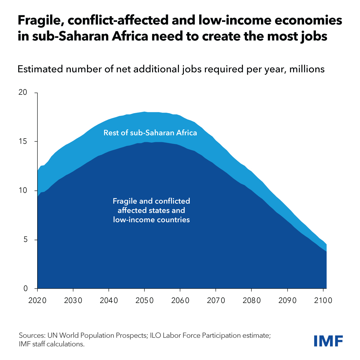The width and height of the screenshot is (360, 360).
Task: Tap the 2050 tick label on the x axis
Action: pyautogui.click(x=144, y=300)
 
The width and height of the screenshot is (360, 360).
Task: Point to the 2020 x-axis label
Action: pyautogui.click(x=37, y=300)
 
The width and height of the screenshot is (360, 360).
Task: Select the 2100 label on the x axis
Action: pyautogui.click(x=323, y=300)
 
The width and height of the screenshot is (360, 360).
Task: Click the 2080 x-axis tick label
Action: pyautogui.click(x=251, y=300)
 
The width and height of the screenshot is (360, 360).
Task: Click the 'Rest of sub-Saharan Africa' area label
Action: pyautogui.click(x=150, y=133)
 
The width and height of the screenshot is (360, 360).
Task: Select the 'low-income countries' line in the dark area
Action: pyautogui.click(x=151, y=220)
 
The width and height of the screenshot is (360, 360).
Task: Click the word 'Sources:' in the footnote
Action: pyautogui.click(x=31, y=335)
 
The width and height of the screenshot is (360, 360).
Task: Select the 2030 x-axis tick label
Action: pyautogui.click(x=73, y=300)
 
